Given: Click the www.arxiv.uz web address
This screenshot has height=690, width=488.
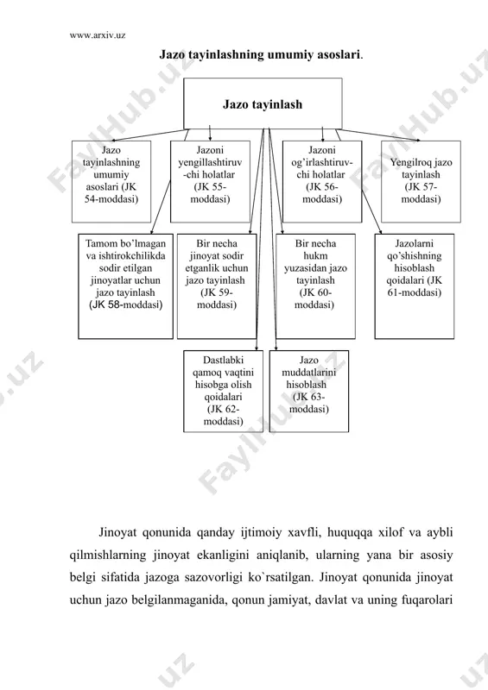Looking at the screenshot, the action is (98, 35).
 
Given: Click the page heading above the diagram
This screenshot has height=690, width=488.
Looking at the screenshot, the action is (261, 55).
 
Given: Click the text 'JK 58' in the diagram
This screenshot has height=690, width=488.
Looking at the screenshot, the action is (105, 304).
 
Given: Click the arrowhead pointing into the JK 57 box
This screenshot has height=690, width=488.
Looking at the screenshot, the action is (418, 141).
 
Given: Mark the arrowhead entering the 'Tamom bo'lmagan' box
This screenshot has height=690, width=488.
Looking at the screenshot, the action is (151, 232).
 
